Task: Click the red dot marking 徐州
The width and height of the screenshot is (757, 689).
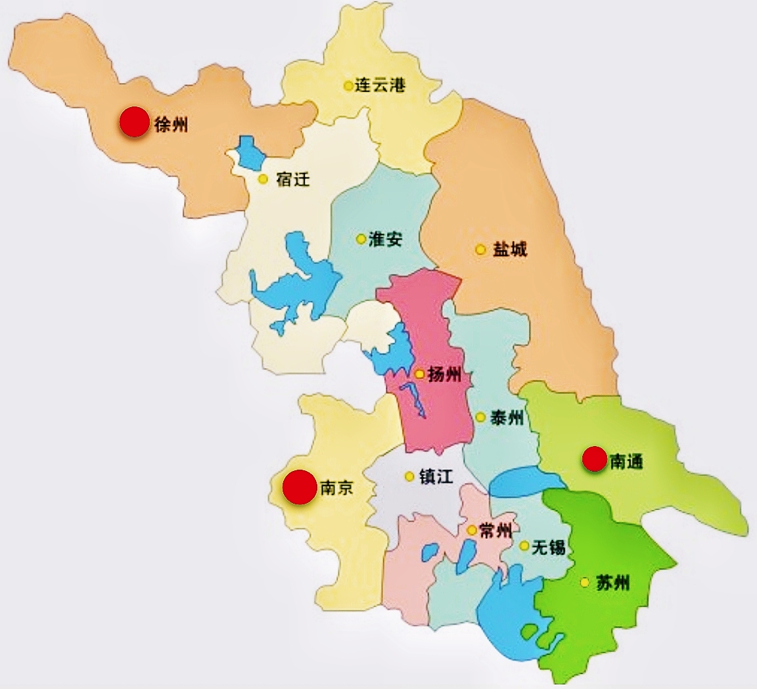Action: click(134, 122)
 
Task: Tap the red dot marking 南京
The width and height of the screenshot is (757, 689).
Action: click(300, 487)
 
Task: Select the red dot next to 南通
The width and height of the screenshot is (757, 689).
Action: click(595, 459)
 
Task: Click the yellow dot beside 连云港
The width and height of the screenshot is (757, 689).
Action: click(348, 85)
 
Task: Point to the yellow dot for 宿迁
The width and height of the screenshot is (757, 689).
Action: click(263, 179)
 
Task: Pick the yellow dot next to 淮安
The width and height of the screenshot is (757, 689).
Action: click(361, 239)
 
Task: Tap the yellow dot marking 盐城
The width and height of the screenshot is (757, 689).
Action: click(481, 250)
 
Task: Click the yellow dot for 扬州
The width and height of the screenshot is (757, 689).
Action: click(419, 374)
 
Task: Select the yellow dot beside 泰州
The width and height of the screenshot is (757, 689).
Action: click(481, 417)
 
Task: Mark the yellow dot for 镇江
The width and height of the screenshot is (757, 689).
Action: click(409, 476)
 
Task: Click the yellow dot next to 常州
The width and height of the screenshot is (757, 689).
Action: click(471, 530)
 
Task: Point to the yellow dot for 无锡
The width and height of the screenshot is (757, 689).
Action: click(524, 546)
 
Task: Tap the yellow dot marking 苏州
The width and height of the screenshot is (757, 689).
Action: click(584, 582)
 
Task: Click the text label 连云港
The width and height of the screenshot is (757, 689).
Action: click(380, 85)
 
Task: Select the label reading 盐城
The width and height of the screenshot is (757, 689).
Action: click(510, 250)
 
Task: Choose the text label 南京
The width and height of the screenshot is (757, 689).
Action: click(336, 487)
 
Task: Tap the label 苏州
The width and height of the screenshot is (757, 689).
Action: click(613, 582)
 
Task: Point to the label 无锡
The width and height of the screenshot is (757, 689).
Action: click(549, 546)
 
